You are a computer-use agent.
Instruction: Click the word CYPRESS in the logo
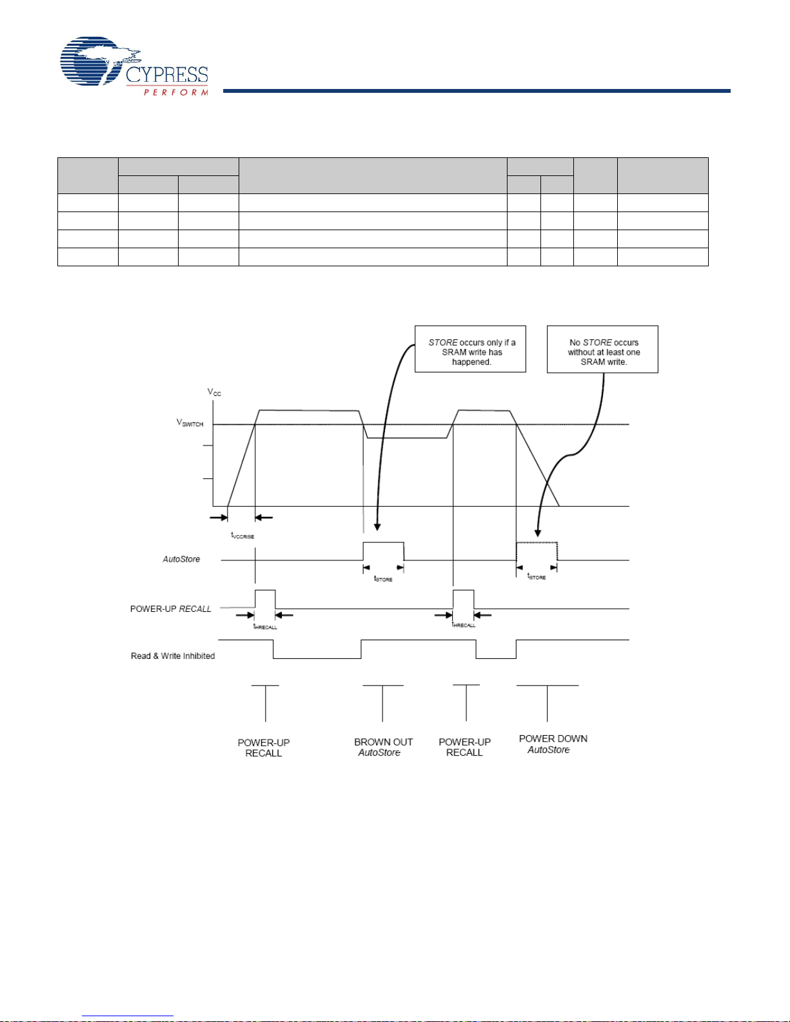pyautogui.click(x=167, y=75)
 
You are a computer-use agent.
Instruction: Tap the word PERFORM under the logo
pyautogui.click(x=175, y=92)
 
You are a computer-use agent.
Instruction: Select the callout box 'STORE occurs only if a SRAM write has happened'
pyautogui.click(x=470, y=349)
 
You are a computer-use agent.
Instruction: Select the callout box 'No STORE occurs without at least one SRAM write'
pyautogui.click(x=602, y=349)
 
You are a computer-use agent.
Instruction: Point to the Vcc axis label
pyautogui.click(x=214, y=392)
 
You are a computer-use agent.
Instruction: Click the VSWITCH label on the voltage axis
pyautogui.click(x=190, y=423)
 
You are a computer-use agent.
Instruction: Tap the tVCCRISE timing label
pyautogui.click(x=242, y=535)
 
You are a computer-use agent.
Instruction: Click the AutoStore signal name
pyautogui.click(x=181, y=559)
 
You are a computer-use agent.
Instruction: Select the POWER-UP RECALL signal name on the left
pyautogui.click(x=171, y=609)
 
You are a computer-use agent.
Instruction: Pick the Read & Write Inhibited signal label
pyautogui.click(x=173, y=656)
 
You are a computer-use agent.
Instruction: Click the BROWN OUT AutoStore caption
pyautogui.click(x=383, y=747)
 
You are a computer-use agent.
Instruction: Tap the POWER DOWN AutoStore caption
pyautogui.click(x=553, y=744)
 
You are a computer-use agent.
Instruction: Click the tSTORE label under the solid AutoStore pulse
pyautogui.click(x=383, y=578)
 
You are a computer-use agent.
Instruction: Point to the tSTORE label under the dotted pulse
pyautogui.click(x=537, y=576)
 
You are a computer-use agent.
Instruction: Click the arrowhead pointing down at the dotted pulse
pyautogui.click(x=537, y=533)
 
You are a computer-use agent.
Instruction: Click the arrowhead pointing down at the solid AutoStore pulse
pyautogui.click(x=377, y=527)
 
